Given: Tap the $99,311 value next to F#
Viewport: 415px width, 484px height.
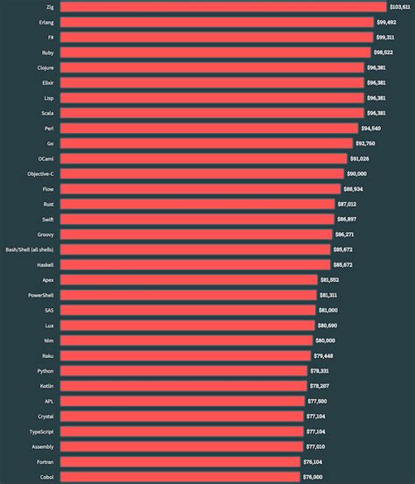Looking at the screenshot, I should tap(385, 38).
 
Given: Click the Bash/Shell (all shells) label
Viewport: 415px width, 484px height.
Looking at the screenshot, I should tap(30, 249).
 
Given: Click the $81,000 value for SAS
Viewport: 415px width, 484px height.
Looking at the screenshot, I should tap(328, 310).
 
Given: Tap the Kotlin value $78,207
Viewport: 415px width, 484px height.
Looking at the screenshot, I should tap(321, 386).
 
